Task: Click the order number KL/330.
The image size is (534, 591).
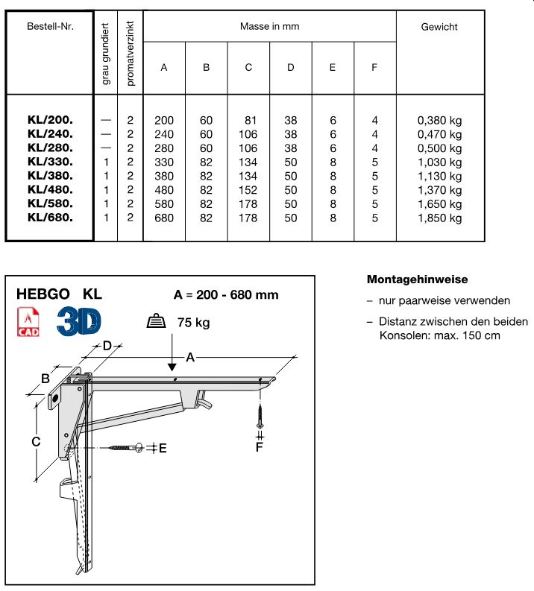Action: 50,162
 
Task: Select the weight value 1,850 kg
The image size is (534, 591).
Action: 439,218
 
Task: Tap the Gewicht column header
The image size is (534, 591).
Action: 439,27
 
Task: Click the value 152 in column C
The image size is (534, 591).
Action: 248,191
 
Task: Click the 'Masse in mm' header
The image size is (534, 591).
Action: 269,26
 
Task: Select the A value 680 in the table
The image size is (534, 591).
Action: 163,218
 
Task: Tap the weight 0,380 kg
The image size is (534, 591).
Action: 439,121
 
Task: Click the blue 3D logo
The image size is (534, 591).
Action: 79,320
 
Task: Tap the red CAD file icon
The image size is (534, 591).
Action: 28,321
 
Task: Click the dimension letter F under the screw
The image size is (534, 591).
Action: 260,447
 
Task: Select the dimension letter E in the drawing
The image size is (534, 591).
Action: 163,448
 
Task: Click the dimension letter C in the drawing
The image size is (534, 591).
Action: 34,442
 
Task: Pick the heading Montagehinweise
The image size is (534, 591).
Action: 418,279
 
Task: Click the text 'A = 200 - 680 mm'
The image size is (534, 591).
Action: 226,294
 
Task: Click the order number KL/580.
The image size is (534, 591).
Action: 50,204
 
